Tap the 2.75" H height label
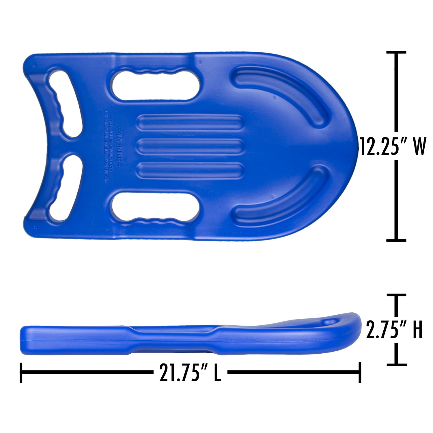pos(394,330)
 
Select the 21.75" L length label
pos(190,373)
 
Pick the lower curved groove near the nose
pos(289,199)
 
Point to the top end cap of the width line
pos(396,53)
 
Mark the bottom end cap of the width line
pos(396,240)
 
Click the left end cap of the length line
pos(21,373)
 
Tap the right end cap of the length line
pos(360,373)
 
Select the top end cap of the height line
pos(396,295)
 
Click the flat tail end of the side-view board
pos(23,341)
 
